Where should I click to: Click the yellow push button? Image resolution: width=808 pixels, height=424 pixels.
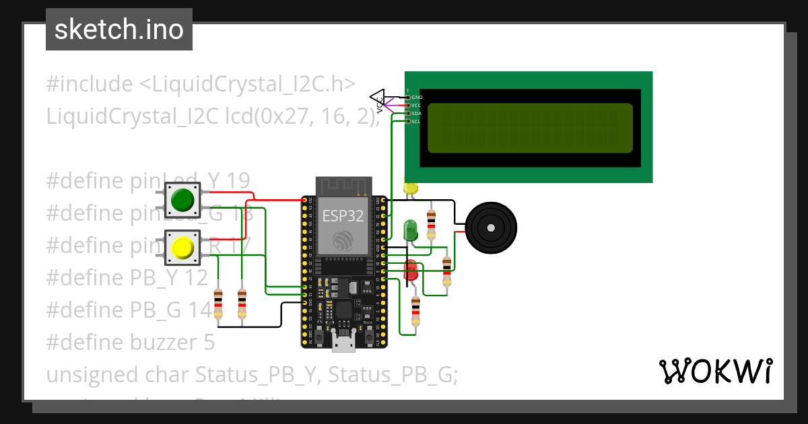(x=182, y=248)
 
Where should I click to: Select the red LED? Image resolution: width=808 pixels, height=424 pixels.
(x=410, y=271)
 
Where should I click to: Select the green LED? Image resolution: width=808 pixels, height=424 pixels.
(x=409, y=230)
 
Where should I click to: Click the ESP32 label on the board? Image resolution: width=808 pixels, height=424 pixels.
(x=343, y=216)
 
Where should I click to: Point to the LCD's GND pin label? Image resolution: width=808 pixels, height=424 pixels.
(x=417, y=98)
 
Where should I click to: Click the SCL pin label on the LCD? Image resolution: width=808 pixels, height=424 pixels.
(x=416, y=122)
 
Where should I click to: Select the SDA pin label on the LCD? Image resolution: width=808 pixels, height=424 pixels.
(x=417, y=114)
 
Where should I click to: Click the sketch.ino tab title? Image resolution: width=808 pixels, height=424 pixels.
(x=119, y=30)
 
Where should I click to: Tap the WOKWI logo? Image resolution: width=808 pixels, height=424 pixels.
(x=715, y=371)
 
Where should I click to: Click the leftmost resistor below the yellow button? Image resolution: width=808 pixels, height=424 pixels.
(x=217, y=304)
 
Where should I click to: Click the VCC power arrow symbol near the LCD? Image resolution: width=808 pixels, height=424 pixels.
(x=378, y=98)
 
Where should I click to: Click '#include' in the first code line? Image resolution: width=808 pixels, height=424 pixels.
(x=90, y=84)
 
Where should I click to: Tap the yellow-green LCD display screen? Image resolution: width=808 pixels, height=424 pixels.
(x=530, y=128)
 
